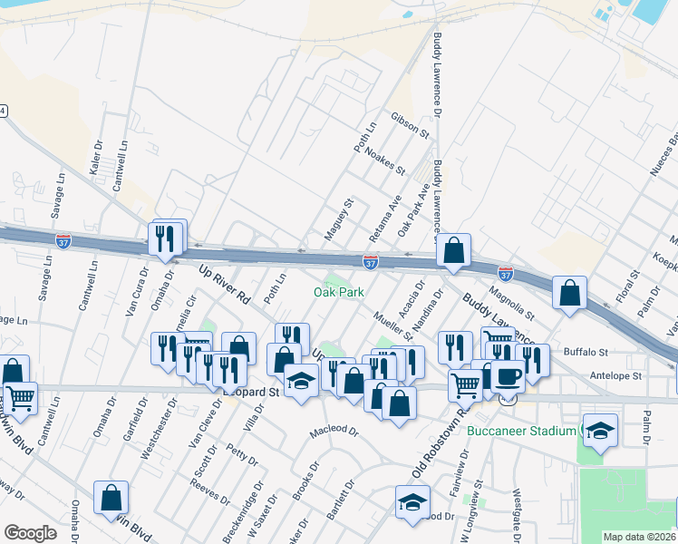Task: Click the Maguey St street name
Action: click(336, 220)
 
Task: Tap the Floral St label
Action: click(626, 284)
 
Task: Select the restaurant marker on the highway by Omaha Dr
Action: click(165, 238)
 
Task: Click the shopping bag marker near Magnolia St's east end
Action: click(568, 293)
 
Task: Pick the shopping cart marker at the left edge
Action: click(19, 395)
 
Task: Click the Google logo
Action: click(31, 533)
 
